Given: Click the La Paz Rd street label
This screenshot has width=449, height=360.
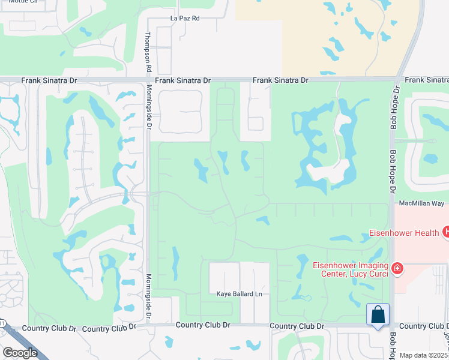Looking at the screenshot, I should coord(184,19).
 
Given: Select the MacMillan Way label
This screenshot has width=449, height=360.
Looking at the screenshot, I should coord(420,204).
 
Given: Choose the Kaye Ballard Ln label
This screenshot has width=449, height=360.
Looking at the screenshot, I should coord(240,294).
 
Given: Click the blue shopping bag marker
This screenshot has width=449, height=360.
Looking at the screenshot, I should coord(378,314).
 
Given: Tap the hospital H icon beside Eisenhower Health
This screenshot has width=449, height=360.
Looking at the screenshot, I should coord(445,232).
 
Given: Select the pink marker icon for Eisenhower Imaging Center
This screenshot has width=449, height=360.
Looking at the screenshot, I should coord(396,268).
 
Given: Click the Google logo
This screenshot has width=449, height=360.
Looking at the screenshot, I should coord(20,353).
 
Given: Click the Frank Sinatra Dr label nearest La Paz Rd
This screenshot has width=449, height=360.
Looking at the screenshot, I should coord(183,80).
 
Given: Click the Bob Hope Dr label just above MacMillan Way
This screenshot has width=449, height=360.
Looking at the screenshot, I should coord(394,171).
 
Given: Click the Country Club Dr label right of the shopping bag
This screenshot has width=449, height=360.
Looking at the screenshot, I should coord(424,326).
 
